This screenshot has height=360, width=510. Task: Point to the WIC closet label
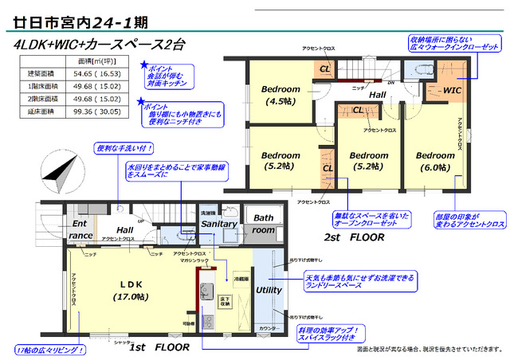[x=452, y=90]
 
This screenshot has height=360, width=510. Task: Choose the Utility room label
[x=269, y=290]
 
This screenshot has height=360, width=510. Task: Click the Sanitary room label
[x=219, y=225]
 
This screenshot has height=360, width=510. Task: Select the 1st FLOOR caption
[x=159, y=348]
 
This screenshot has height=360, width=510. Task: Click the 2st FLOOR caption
[x=353, y=238]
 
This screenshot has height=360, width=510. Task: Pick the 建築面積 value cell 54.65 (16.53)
[x=98, y=73]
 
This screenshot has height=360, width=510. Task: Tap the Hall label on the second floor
[x=377, y=95]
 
